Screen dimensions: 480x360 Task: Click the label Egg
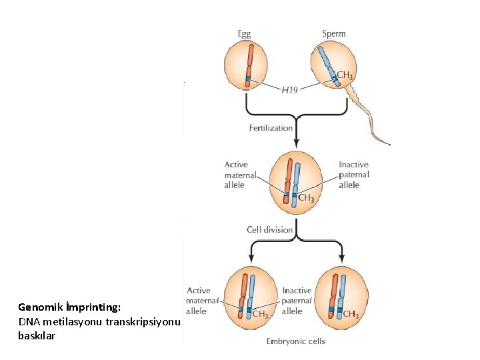point(246,33)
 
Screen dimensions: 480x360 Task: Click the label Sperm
point(333,33)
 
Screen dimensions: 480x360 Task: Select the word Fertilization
point(271,127)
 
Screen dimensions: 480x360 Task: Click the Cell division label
point(270,230)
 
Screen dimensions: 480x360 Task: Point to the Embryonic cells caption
point(296,341)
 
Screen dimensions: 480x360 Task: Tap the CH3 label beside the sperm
point(345,75)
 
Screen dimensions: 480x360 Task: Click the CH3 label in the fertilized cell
point(306,198)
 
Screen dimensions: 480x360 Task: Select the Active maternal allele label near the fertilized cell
point(235,175)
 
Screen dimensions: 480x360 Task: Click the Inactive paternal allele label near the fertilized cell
point(353,175)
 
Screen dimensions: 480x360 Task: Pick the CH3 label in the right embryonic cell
point(351,315)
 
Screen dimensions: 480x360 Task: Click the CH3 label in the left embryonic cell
point(259,315)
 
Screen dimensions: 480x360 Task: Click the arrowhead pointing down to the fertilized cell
point(297,144)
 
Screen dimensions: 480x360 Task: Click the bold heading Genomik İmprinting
point(69,307)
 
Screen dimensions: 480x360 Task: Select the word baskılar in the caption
point(37,336)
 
